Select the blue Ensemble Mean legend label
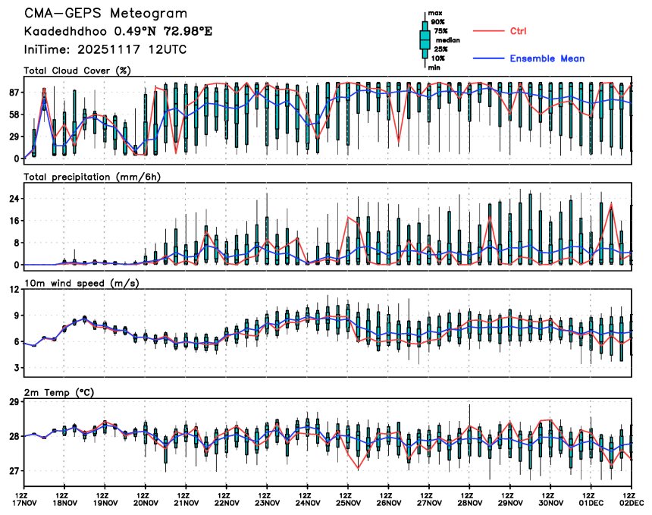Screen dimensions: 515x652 point(547,58)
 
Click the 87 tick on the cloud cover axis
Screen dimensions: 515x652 point(14,92)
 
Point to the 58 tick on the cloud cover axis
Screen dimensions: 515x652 point(14,114)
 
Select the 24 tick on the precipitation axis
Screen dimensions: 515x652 point(14,199)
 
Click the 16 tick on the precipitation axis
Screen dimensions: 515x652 point(14,221)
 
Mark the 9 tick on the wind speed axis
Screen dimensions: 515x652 point(16,315)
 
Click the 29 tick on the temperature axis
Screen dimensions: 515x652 point(14,401)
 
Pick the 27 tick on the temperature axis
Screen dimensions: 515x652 point(14,471)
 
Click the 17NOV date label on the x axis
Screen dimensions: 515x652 point(24,502)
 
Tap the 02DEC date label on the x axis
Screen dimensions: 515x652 point(632,502)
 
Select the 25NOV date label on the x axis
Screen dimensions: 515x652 point(348,502)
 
